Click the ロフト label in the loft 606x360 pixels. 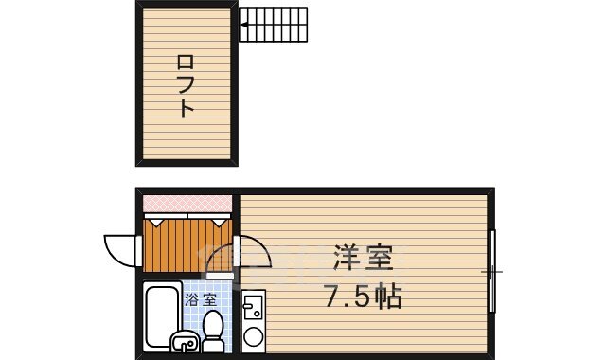[x=186, y=86]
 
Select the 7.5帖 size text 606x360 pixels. [x=364, y=297]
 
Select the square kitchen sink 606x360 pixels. [x=253, y=307]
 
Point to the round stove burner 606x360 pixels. [x=253, y=335]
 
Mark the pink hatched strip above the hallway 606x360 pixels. [x=187, y=203]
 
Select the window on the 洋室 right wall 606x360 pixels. [x=492, y=272]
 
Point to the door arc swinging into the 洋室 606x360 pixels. [x=257, y=252]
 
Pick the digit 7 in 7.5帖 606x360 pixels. [x=333, y=297]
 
